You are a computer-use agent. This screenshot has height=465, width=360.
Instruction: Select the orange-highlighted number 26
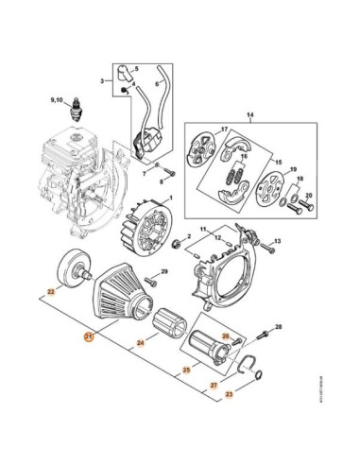(x=225, y=336)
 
